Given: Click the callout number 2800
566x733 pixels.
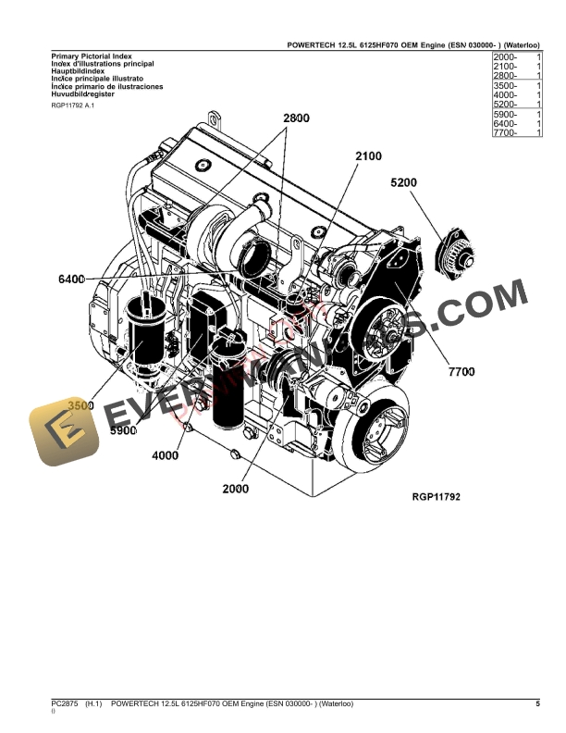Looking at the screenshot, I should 296,118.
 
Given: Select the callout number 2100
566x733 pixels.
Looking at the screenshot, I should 367,156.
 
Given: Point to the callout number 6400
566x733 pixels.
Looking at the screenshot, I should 71,279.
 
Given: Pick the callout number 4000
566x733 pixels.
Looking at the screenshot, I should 166,455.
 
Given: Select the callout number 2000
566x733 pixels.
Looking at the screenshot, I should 236,489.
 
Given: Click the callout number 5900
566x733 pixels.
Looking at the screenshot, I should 123,430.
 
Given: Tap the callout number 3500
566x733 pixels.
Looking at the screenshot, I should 81,405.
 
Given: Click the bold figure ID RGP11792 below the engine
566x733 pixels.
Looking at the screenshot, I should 436,497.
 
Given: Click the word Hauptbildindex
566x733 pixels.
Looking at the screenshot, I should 78,71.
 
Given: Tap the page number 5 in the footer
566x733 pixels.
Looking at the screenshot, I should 538,704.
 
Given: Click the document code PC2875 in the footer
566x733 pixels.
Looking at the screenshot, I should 66,704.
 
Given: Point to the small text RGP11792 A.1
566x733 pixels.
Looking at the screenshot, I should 73,106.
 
